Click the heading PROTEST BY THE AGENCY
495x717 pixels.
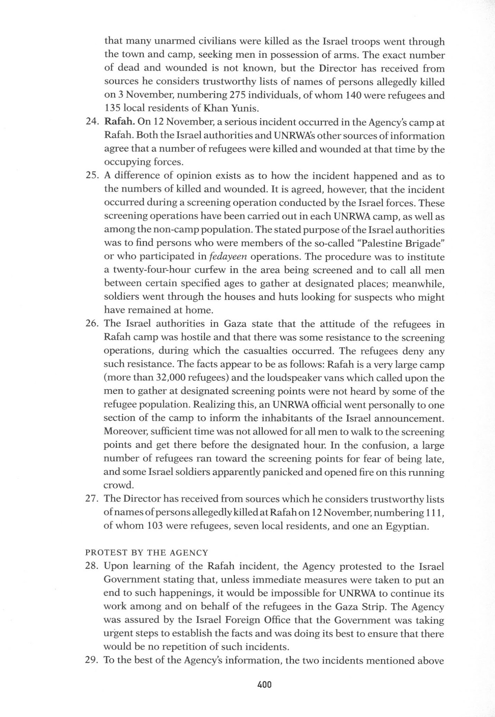pos(147,553)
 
